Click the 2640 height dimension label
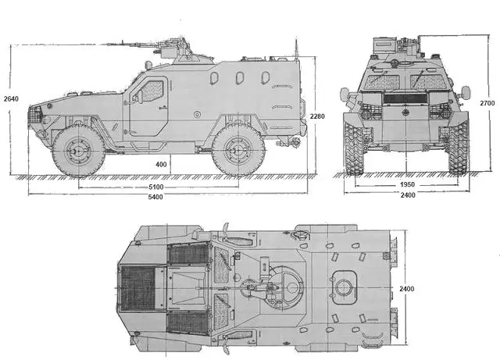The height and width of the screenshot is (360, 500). pyautogui.click(x=10, y=99)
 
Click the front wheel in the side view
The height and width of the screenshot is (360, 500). pyautogui.click(x=79, y=149)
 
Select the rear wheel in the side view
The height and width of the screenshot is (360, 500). pyautogui.click(x=237, y=149)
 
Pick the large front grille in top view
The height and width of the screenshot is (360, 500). pyautogui.click(x=139, y=287)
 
